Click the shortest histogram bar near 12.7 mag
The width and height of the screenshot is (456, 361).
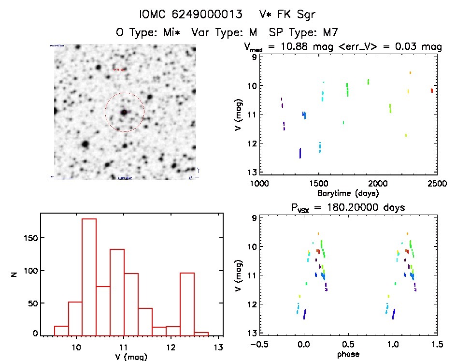(201, 333)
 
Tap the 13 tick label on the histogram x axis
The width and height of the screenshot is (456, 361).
(219, 347)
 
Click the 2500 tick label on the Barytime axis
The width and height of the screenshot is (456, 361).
(428, 184)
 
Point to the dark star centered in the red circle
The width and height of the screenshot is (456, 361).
(124, 112)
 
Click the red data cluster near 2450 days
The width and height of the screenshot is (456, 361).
(432, 90)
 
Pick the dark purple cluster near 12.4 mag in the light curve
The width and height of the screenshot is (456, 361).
(300, 153)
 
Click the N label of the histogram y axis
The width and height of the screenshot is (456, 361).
(15, 274)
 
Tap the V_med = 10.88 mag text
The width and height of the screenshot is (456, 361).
(294, 47)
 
